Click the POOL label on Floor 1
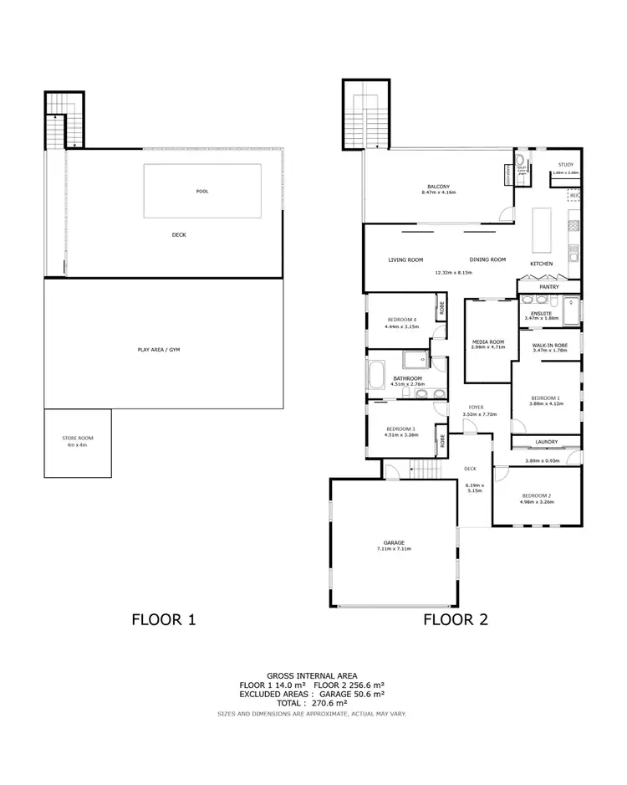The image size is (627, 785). pyautogui.click(x=201, y=191)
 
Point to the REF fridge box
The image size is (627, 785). pyautogui.click(x=574, y=196)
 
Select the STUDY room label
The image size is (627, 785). pyautogui.click(x=565, y=165)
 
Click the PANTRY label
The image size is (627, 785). pyautogui.click(x=548, y=287)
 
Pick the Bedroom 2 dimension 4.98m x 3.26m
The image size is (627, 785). pyautogui.click(x=535, y=502)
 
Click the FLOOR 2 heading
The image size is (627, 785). pyautogui.click(x=456, y=620)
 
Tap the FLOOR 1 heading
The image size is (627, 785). pyautogui.click(x=164, y=620)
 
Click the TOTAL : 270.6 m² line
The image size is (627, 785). pyautogui.click(x=313, y=704)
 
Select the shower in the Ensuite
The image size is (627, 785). pyautogui.click(x=571, y=309)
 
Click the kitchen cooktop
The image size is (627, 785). pyautogui.click(x=574, y=223)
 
